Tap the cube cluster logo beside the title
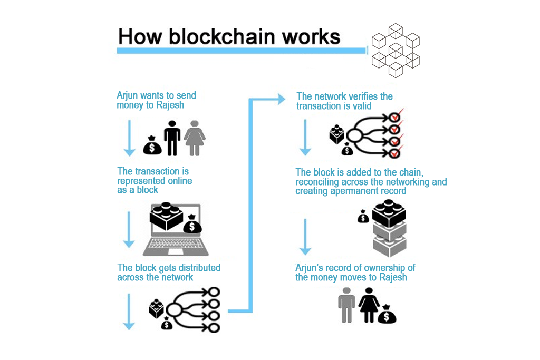tap(395, 51)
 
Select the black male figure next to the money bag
tap(172, 138)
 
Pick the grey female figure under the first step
tap(195, 138)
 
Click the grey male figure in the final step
tap(346, 305)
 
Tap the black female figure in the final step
tap(369, 305)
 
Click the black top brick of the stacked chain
tap(389, 213)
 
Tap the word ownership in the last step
tap(387, 268)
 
